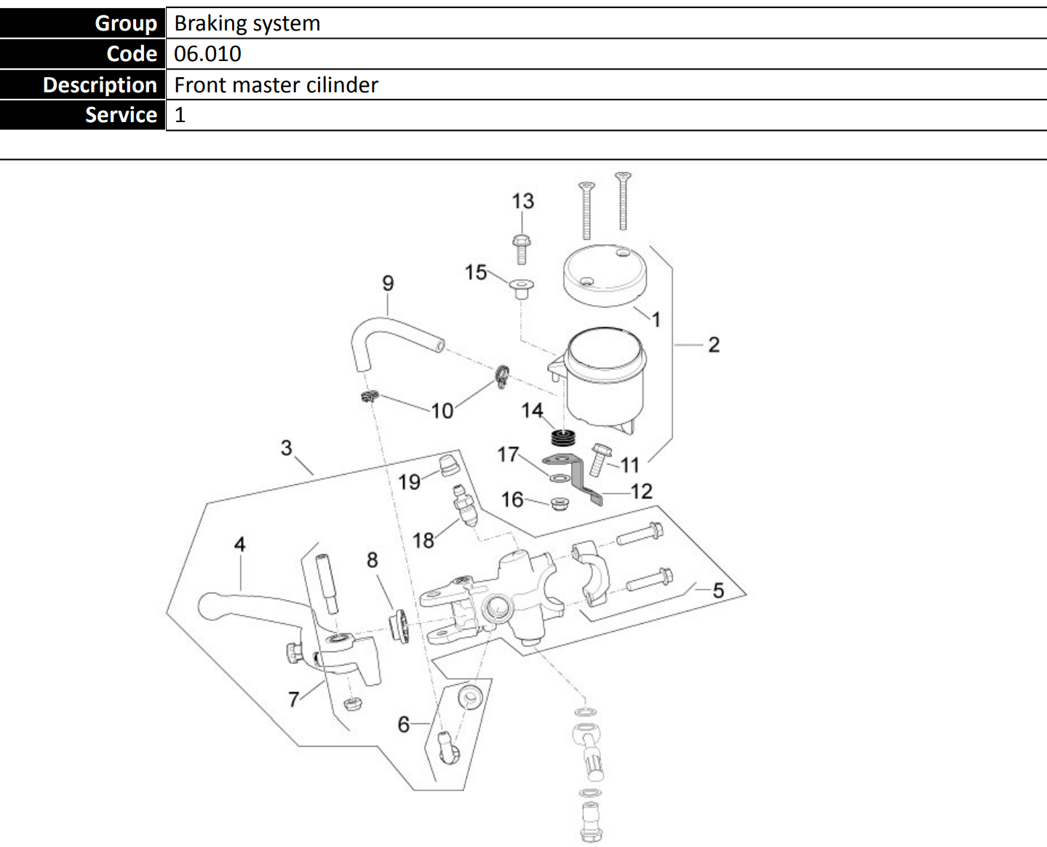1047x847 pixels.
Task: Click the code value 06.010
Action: point(207,54)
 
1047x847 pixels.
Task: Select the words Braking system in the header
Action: point(247,23)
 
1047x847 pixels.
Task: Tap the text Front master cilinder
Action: point(276,85)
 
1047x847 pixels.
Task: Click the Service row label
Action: point(121,115)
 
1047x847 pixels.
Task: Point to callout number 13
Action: point(522,201)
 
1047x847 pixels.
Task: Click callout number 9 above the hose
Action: point(388,283)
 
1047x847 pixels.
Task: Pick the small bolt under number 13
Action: point(521,249)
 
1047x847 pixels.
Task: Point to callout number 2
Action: point(714,345)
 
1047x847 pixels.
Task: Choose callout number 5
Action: point(718,590)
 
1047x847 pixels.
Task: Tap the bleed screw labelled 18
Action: point(463,506)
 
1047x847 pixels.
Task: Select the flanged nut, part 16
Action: point(559,503)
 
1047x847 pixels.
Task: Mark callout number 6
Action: point(404,724)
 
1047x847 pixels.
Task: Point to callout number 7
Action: point(293,699)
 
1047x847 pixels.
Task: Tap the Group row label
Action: point(125,23)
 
